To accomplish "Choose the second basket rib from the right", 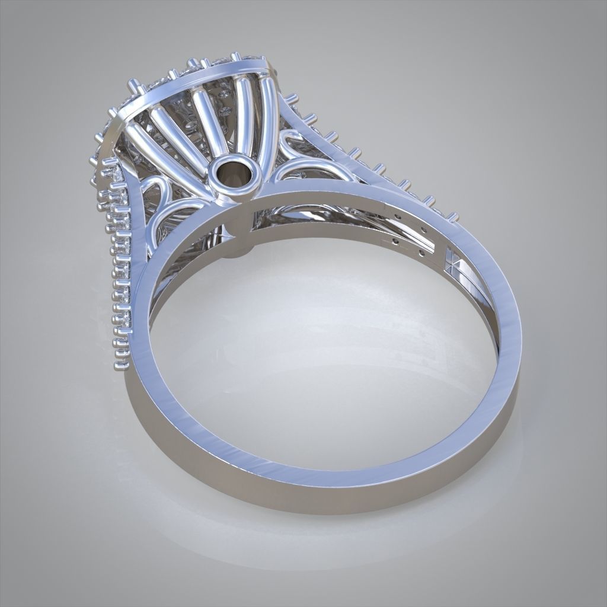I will (x=243, y=107).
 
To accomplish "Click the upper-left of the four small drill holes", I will (x=395, y=217).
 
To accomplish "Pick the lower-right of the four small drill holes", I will (x=422, y=253).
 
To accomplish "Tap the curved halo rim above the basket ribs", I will (x=196, y=83).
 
